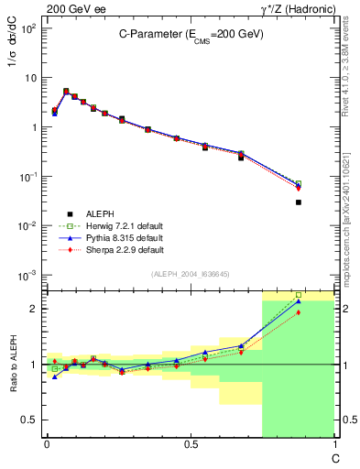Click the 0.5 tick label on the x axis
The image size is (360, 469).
(x=191, y=445)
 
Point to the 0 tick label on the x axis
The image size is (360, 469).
(x=47, y=445)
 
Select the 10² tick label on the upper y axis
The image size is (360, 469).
(x=29, y=27)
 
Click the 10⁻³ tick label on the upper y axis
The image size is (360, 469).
(x=29, y=275)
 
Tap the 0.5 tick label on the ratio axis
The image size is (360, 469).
(x=32, y=420)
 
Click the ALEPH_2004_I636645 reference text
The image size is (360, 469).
(x=190, y=275)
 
